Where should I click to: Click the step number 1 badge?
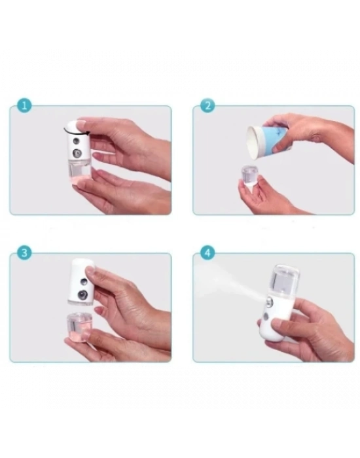24,105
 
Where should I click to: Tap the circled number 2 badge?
208,105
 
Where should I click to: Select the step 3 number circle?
24,253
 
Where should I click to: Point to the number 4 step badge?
208,253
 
